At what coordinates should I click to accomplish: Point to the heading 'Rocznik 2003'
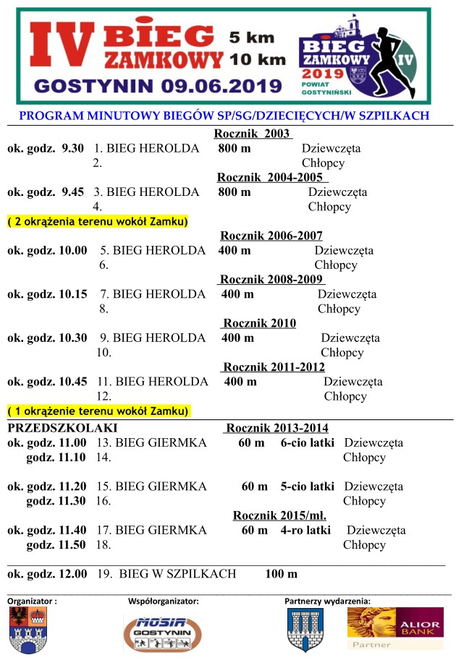[x=253, y=134]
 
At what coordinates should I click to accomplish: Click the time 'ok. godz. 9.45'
[x=45, y=192]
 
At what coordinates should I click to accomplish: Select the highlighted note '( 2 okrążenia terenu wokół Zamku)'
[x=98, y=221]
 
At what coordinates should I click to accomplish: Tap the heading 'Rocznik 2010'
[x=259, y=323]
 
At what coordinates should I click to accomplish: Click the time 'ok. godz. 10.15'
[x=47, y=294]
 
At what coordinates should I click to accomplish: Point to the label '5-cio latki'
[x=308, y=487]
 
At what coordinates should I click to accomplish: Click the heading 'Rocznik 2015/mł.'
[x=279, y=515]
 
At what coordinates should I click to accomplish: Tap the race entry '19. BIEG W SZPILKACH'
[x=166, y=574]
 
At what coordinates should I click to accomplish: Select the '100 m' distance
[x=281, y=574]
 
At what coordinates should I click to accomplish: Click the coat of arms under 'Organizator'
[x=28, y=630]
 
